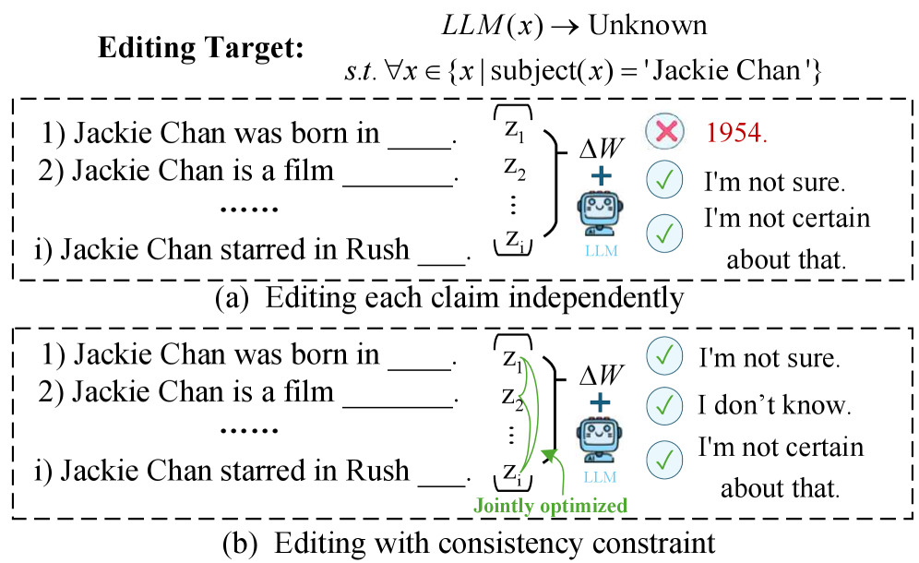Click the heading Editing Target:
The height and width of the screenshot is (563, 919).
(x=200, y=48)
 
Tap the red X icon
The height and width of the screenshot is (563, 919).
(x=664, y=133)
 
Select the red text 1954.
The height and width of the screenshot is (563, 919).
(x=736, y=133)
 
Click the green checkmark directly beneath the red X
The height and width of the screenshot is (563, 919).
(x=664, y=179)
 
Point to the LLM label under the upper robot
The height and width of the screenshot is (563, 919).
(x=601, y=249)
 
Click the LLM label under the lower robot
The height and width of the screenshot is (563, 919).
(x=601, y=477)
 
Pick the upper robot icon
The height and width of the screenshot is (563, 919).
(x=601, y=214)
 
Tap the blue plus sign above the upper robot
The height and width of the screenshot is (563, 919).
(x=601, y=175)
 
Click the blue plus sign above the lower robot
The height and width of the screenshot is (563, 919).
(x=601, y=401)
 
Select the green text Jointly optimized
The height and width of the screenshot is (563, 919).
(x=550, y=506)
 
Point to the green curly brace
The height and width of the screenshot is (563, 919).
(x=529, y=414)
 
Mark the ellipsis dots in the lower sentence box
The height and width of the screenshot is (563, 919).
(x=249, y=431)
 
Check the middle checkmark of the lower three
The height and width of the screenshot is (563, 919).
(x=664, y=404)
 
